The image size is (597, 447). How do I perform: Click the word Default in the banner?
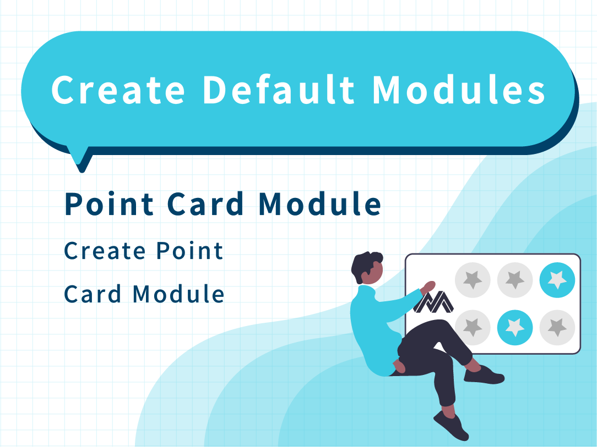click(x=278, y=90)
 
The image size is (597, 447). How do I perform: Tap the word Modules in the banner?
click(x=459, y=90)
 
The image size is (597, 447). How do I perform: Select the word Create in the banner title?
click(x=118, y=90)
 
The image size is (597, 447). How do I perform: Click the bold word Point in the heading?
click(x=109, y=204)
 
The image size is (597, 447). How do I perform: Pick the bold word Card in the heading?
click(x=205, y=204)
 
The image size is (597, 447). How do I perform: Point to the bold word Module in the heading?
click(x=320, y=204)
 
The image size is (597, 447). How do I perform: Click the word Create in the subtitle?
click(x=105, y=251)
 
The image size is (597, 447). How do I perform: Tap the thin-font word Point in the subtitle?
click(x=190, y=251)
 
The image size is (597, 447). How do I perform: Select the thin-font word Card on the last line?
click(x=93, y=294)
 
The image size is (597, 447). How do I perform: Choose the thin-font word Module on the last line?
click(x=178, y=294)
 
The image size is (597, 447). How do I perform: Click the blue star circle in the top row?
click(x=557, y=280)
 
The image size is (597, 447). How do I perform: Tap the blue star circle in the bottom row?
click(x=515, y=327)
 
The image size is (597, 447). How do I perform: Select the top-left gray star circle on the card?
click(x=473, y=280)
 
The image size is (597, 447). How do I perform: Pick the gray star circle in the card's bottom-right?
click(x=557, y=327)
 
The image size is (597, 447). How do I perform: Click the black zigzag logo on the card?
click(x=434, y=302)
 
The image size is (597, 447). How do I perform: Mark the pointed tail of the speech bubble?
click(x=82, y=167)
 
